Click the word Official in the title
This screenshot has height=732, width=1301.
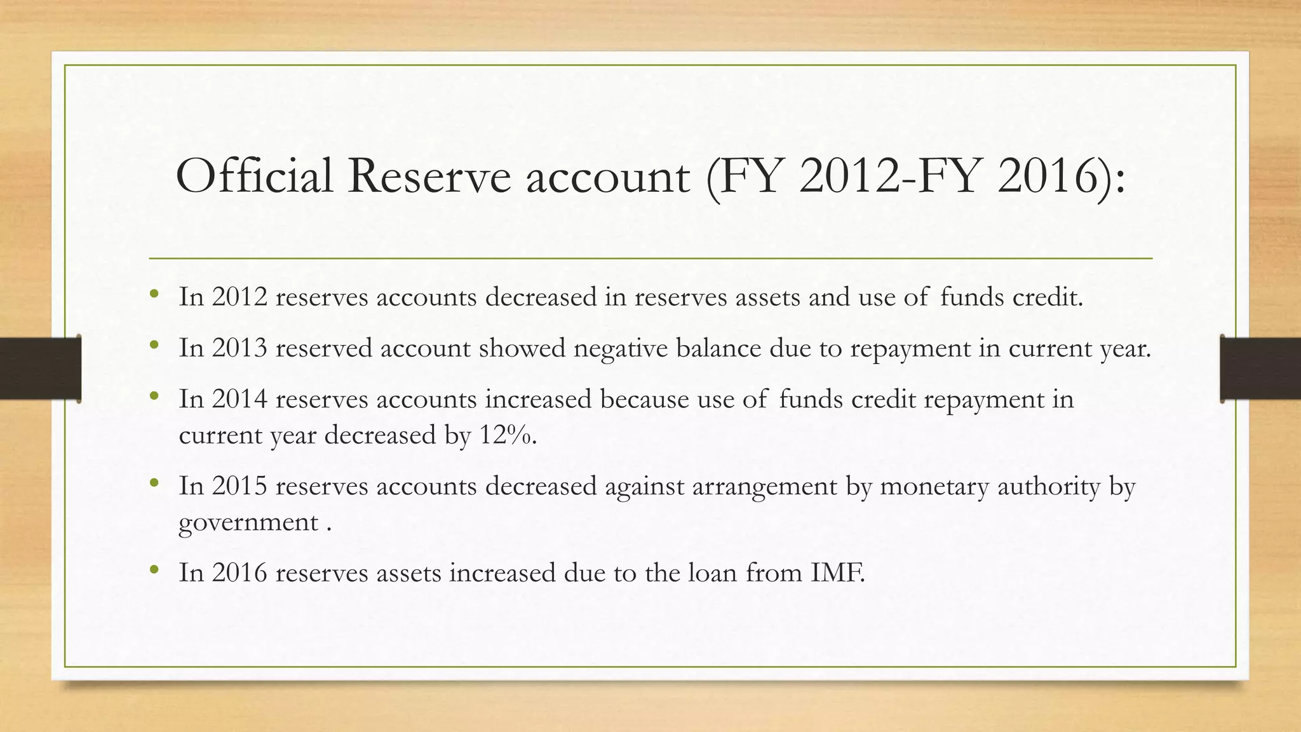[x=254, y=176]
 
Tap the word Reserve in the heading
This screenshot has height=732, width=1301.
[x=429, y=176]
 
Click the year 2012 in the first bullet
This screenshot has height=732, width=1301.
[x=239, y=297]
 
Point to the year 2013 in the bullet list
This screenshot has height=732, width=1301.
[x=239, y=348]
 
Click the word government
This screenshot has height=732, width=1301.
[x=248, y=523]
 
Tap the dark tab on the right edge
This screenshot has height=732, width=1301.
[x=1260, y=369]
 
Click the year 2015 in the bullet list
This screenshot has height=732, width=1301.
[x=239, y=486]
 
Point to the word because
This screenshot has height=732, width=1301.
[x=644, y=399]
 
